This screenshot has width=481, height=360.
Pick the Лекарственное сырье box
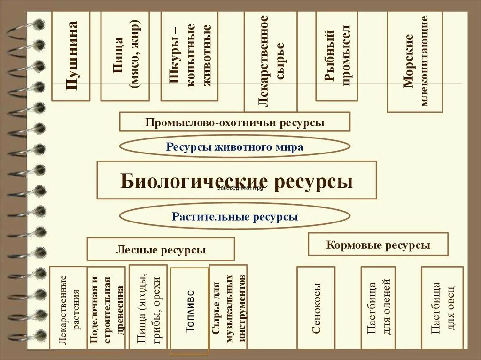tap(271, 61)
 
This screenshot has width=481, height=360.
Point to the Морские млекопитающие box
tap(415, 61)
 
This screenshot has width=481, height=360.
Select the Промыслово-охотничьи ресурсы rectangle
tap(234, 122)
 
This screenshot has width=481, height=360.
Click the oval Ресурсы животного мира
tap(234, 146)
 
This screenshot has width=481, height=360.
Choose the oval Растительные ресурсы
tap(234, 216)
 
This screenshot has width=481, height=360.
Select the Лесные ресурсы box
tap(161, 249)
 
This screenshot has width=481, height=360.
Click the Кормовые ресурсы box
tap(378, 244)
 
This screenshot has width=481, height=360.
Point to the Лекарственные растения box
tap(68, 308)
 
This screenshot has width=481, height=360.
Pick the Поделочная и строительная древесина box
tap(107, 308)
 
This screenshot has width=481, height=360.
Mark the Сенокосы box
tap(316, 308)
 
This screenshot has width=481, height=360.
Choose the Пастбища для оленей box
tap(378, 308)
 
